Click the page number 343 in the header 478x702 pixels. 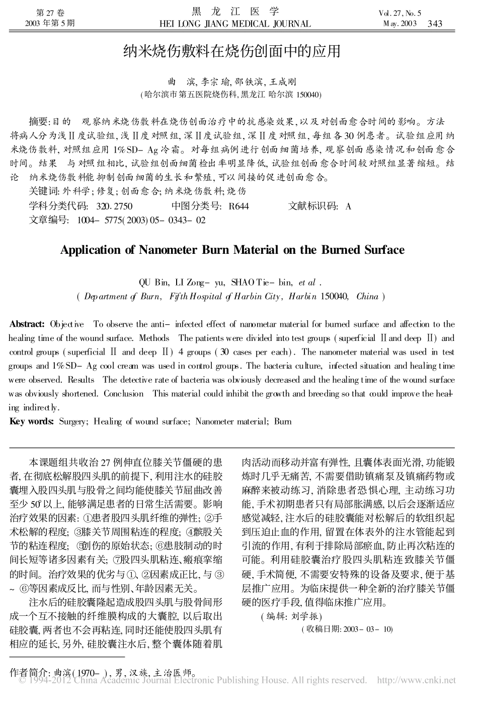434,23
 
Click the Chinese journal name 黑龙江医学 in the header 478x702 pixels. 235,12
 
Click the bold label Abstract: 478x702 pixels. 27,324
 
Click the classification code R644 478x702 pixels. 238,206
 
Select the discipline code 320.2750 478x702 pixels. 114,206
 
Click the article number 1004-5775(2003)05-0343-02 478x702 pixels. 141,220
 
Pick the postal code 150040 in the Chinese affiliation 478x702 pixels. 309,94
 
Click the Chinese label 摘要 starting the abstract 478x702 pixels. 38,121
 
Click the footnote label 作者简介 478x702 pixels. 28,672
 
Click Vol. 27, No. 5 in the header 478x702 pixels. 401,14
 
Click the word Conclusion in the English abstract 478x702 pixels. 123,394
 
